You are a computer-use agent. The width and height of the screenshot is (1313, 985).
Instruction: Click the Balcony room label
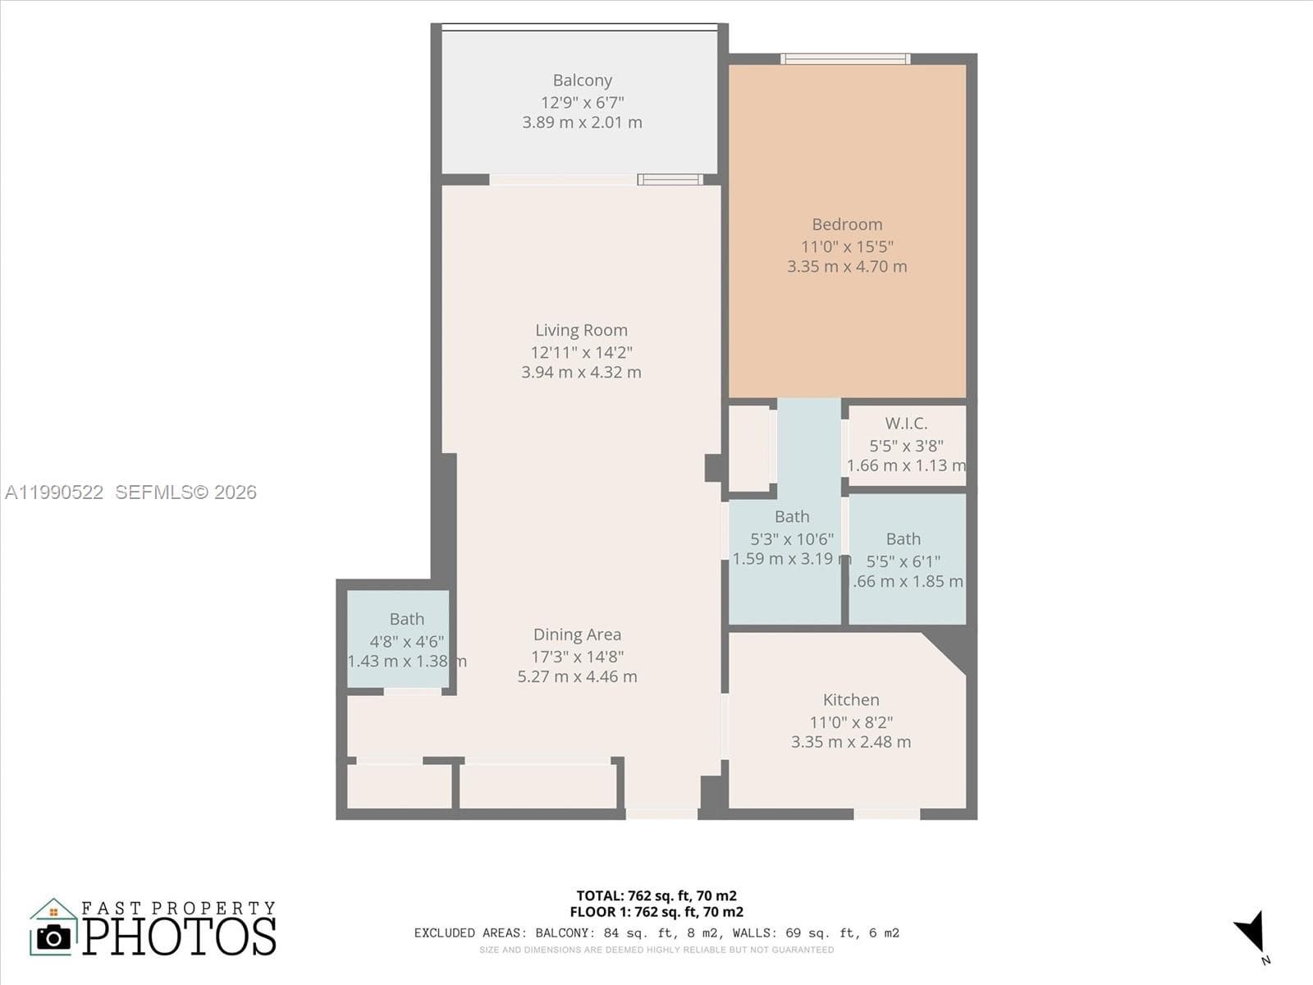pos(582,80)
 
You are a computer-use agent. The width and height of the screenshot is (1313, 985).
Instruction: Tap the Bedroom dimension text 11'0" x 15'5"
pos(847,246)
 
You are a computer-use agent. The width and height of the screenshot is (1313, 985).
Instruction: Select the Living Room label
pos(581,330)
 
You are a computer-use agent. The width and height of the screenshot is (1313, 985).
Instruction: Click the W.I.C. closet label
pos(906,424)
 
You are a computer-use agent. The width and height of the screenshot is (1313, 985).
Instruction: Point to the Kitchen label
pos(851,700)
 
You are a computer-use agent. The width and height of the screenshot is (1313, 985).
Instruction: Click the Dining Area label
pos(577,635)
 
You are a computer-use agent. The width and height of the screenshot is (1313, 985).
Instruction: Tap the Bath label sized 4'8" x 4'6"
pos(407,619)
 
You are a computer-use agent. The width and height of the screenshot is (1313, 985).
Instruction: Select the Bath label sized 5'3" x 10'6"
pos(792,517)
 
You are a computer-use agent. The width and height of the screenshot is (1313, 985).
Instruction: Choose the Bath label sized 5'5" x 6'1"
pos(903,539)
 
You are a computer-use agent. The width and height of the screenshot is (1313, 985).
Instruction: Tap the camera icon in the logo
pos(54,937)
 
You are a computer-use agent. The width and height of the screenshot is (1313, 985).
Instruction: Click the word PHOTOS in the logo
pos(179,936)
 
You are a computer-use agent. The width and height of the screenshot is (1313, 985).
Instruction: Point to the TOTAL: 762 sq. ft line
pos(656,896)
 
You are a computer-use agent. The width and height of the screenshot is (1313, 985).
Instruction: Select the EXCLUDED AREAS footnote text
pos(656,932)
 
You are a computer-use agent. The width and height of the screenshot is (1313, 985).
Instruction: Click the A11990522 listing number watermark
pos(54,492)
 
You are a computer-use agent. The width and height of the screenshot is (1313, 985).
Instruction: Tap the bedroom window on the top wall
pos(845,59)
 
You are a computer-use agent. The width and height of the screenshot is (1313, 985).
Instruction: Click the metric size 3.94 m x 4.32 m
pos(581,373)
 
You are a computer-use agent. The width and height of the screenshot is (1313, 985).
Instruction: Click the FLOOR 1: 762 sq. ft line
pos(656,912)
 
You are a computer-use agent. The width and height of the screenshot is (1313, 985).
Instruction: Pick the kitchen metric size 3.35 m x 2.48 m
pos(851,742)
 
